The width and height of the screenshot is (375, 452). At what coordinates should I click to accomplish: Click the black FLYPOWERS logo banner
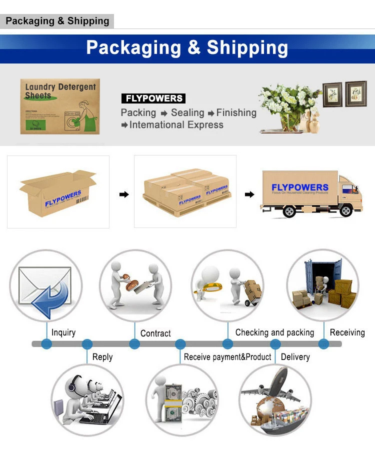pyautogui.click(x=153, y=98)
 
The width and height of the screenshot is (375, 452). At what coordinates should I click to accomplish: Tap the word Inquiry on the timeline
pyautogui.click(x=63, y=332)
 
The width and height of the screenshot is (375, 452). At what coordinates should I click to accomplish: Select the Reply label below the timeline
pyautogui.click(x=102, y=357)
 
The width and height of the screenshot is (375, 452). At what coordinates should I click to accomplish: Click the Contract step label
pyautogui.click(x=155, y=333)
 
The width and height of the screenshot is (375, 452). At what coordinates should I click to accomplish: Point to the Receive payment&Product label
pyautogui.click(x=227, y=357)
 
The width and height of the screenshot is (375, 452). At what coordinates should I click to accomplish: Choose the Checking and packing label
pyautogui.click(x=274, y=332)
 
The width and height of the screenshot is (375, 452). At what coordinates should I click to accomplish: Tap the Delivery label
pyautogui.click(x=295, y=357)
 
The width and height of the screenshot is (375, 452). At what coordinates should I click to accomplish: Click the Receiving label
pyautogui.click(x=347, y=332)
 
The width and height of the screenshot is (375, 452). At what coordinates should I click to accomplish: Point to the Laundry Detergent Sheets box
pyautogui.click(x=60, y=106)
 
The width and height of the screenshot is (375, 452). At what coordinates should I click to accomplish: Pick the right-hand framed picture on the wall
pyautogui.click(x=355, y=93)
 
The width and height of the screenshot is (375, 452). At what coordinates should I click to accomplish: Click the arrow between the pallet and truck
pyautogui.click(x=249, y=194)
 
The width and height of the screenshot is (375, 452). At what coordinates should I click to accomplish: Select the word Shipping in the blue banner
pyautogui.click(x=247, y=47)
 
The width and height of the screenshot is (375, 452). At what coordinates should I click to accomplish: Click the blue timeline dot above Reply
pyautogui.click(x=87, y=344)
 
